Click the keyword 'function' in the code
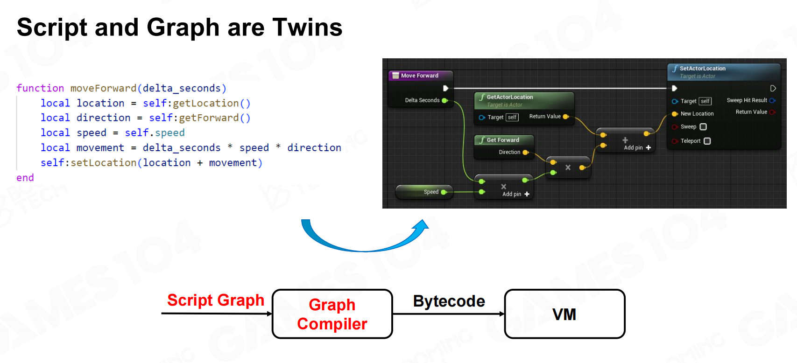click(x=40, y=88)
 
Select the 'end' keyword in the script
click(x=25, y=178)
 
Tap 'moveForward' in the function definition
click(x=103, y=88)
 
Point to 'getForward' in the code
click(x=209, y=118)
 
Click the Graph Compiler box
click(x=332, y=314)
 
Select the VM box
click(x=564, y=314)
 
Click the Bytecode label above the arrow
click(x=449, y=301)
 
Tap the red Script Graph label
click(x=216, y=300)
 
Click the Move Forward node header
click(x=419, y=76)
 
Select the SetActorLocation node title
click(x=702, y=69)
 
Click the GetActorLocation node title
click(x=509, y=97)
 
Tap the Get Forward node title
click(x=502, y=140)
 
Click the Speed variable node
click(x=424, y=192)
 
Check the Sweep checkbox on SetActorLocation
click(x=703, y=127)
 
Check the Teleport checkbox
click(x=707, y=141)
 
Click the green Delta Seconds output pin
click(x=444, y=100)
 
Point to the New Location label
click(x=697, y=114)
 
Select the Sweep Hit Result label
click(x=747, y=100)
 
